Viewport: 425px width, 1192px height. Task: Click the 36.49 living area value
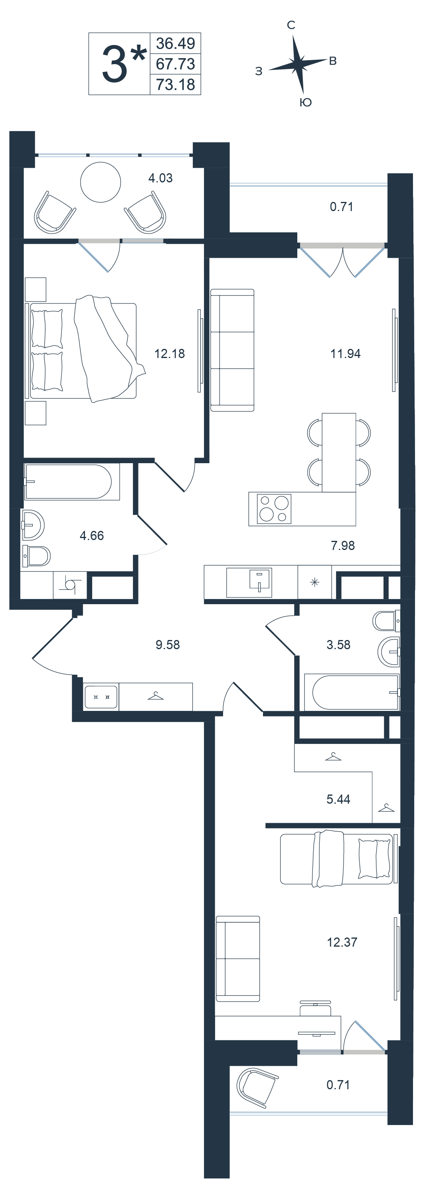click(x=175, y=43)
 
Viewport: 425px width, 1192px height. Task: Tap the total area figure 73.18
click(x=175, y=85)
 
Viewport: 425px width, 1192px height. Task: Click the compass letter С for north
click(x=291, y=25)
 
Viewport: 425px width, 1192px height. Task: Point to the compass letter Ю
click(x=305, y=102)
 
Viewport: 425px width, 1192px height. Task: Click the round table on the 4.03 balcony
click(x=101, y=182)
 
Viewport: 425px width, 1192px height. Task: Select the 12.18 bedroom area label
click(x=170, y=354)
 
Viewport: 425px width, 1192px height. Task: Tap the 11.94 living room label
click(x=345, y=354)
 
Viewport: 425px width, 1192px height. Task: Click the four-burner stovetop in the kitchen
click(x=275, y=509)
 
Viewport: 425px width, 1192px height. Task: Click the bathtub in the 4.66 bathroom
click(x=69, y=482)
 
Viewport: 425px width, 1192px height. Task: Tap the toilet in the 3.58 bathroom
click(x=386, y=621)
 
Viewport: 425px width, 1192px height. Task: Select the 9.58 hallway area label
click(x=168, y=644)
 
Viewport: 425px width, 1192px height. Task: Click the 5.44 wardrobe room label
click(x=338, y=799)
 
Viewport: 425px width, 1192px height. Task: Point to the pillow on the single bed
click(x=374, y=858)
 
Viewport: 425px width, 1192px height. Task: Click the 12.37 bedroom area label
click(x=342, y=942)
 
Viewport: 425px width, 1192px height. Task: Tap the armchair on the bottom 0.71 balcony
click(x=256, y=1088)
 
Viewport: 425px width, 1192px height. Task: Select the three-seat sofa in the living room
click(x=232, y=350)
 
